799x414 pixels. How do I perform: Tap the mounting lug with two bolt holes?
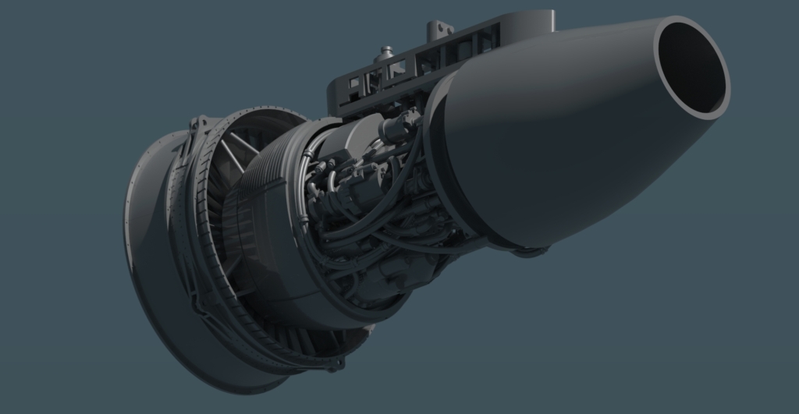[x=440, y=30]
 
